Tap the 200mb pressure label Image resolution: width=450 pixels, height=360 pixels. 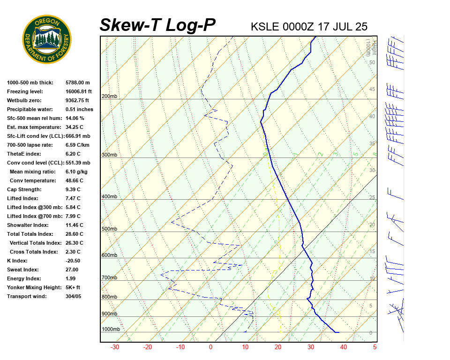(109, 97)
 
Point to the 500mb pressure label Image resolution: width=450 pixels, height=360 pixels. (109, 229)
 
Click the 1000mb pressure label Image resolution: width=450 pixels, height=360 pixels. (111, 330)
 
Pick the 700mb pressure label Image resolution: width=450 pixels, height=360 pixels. (109, 278)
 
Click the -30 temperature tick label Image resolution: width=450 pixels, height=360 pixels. (114, 347)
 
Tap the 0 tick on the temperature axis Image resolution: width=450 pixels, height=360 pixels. (210, 347)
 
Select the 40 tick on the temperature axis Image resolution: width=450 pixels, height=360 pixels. (344, 347)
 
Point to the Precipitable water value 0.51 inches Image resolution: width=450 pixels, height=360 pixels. (79, 109)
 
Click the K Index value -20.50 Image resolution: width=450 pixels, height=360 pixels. (73, 261)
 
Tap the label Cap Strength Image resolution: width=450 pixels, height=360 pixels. (24, 189)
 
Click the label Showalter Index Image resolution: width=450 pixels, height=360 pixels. (28, 225)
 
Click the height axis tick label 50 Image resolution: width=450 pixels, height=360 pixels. (372, 63)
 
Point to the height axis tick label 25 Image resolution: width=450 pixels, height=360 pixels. (372, 198)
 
